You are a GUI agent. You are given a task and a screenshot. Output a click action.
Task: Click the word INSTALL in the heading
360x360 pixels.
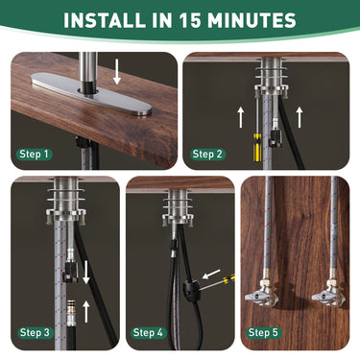pyautogui.click(x=112, y=19)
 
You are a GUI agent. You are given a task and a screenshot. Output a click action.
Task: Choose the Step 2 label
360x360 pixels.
pyautogui.click(x=208, y=154)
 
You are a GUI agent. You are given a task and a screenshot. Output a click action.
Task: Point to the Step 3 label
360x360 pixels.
pyautogui.click(x=35, y=332)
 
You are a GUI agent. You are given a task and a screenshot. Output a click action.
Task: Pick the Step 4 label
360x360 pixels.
pyautogui.click(x=149, y=332)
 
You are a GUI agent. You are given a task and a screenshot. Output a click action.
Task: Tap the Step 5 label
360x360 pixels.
pyautogui.click(x=264, y=332)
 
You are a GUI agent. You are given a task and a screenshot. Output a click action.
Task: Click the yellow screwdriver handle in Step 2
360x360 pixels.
pyautogui.click(x=254, y=150)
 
